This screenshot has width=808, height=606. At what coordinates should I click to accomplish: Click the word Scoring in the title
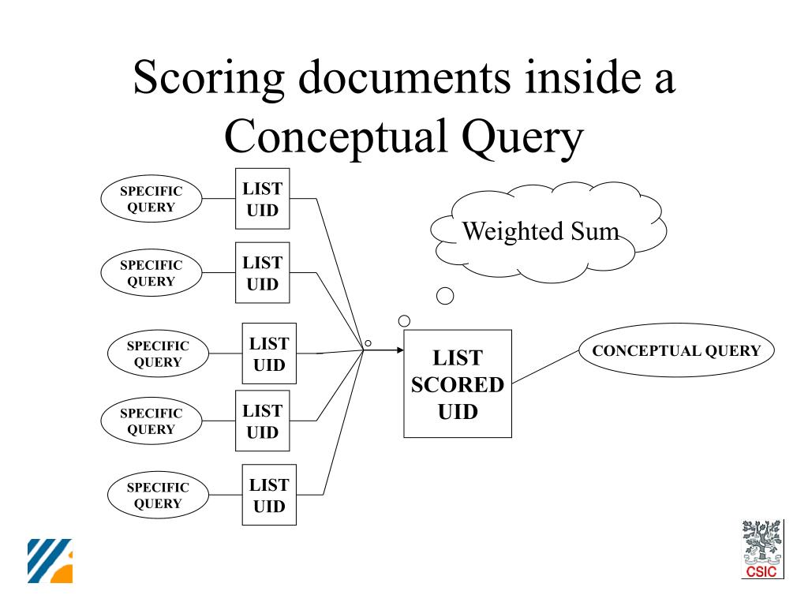point(208,78)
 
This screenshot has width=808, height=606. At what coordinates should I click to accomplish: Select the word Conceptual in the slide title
point(332,137)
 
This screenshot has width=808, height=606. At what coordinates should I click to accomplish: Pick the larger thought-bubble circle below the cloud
point(445,296)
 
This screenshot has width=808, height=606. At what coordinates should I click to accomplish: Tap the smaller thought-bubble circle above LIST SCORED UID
point(405,320)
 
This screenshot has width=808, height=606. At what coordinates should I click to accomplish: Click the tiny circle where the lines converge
point(368,343)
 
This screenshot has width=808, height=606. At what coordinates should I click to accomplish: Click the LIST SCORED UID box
point(458,383)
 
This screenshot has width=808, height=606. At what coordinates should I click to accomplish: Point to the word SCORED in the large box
point(458,385)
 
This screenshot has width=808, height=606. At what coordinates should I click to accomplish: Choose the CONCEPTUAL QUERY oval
point(676,351)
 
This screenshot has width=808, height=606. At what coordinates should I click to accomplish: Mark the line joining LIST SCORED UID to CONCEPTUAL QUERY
point(545,367)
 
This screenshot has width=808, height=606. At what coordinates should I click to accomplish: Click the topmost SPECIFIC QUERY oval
point(151,199)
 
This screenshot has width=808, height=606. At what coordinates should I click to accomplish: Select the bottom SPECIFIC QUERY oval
point(158,495)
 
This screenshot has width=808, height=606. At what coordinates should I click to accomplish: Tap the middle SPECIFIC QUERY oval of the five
point(158,353)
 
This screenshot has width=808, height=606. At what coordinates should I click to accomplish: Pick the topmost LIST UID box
point(263,199)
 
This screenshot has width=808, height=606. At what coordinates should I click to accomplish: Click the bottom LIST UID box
point(269,495)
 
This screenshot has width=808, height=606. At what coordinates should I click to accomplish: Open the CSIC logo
point(761,549)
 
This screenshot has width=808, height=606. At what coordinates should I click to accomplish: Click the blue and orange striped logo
point(50,561)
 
